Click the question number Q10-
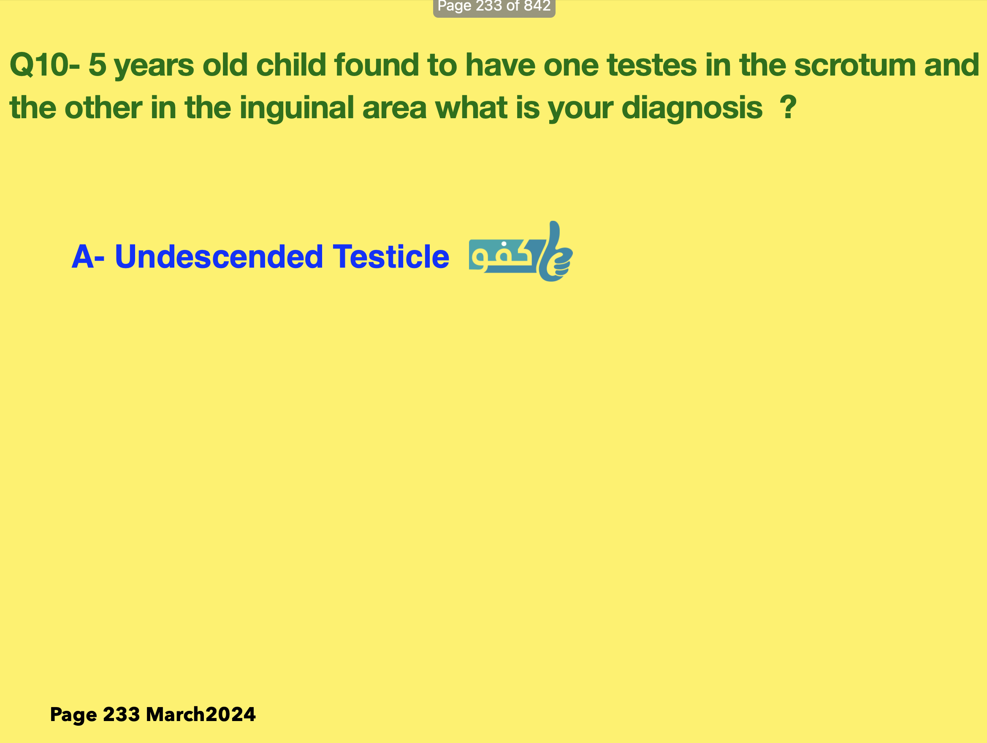click(x=45, y=65)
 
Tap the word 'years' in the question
click(x=154, y=66)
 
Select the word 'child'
click(x=291, y=65)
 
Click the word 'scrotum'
click(x=854, y=65)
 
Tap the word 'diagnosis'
click(x=691, y=108)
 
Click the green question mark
click(x=788, y=107)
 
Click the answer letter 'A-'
click(x=88, y=257)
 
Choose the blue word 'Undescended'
click(x=219, y=257)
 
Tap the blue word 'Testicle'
click(x=391, y=257)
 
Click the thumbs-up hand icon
click(x=555, y=252)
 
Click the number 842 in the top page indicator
click(x=537, y=6)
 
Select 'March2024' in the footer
click(x=201, y=714)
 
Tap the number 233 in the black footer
click(x=121, y=714)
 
